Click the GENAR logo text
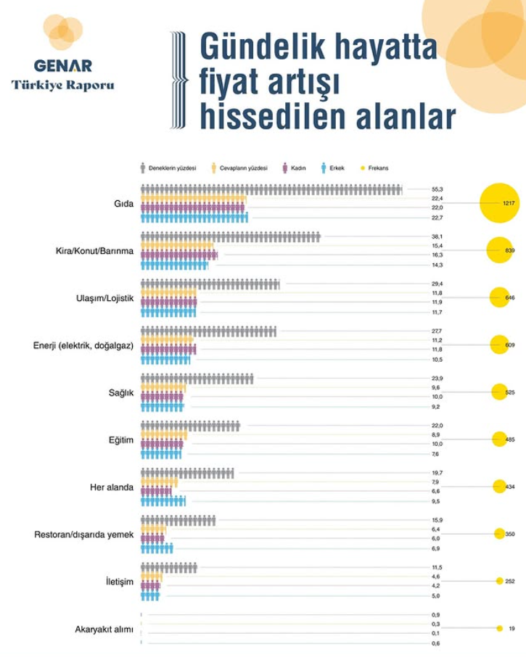tap(62, 66)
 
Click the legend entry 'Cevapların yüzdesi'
tap(239, 168)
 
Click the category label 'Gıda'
tap(124, 204)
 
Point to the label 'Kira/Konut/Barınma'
tap(94, 251)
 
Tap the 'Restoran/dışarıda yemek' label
tap(84, 534)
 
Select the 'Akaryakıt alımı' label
tap(104, 629)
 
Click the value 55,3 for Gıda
tap(437, 189)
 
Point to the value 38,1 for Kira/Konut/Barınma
tap(437, 236)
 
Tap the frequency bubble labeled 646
tap(499, 298)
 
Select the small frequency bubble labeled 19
tap(499, 629)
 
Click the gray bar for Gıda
tap(271, 189)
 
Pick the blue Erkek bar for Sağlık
tap(162, 407)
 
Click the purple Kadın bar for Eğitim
tap(162, 444)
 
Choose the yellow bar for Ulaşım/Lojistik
tap(168, 293)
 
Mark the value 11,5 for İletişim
tap(437, 567)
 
